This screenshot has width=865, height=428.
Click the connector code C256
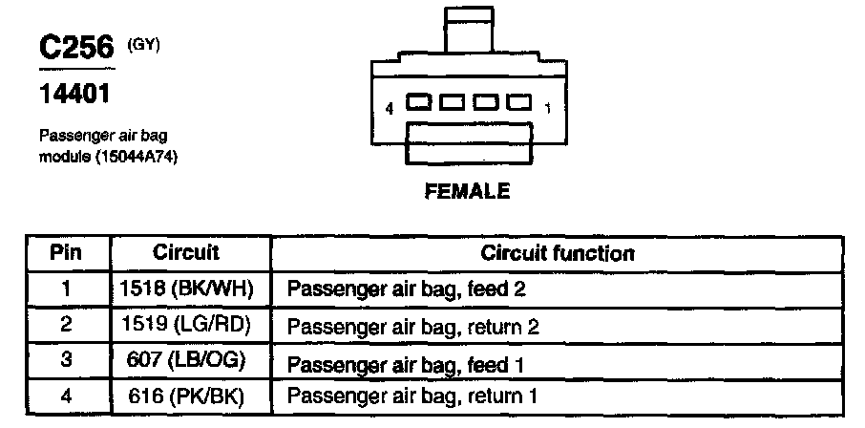pyautogui.click(x=75, y=49)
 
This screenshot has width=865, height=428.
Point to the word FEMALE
pyautogui.click(x=467, y=192)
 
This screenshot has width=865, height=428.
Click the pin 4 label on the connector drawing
pyautogui.click(x=390, y=109)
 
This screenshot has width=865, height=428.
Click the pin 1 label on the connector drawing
pyautogui.click(x=547, y=109)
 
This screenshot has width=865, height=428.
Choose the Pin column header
pyautogui.click(x=66, y=252)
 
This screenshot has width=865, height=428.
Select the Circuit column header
pyautogui.click(x=186, y=252)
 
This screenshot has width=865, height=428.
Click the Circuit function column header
pyautogui.click(x=557, y=253)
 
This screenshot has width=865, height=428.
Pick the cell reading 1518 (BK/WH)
pyautogui.click(x=188, y=288)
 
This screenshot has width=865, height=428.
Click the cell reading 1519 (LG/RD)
pyautogui.click(x=188, y=325)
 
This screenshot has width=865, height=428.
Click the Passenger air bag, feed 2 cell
pyautogui.click(x=407, y=288)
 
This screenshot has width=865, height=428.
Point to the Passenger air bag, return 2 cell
pyautogui.click(x=413, y=326)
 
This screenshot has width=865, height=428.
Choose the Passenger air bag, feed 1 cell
pyautogui.click(x=407, y=363)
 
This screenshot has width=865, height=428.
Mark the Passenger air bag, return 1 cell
pyautogui.click(x=413, y=395)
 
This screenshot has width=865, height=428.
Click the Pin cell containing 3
pyautogui.click(x=66, y=362)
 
